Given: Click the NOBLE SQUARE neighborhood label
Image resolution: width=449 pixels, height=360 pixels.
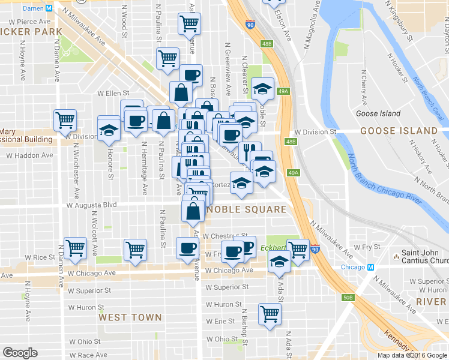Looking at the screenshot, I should point(246,209).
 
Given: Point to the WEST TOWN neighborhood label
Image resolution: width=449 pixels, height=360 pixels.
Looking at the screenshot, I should point(130,317).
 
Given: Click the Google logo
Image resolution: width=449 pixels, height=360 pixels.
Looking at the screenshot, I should point(20,353).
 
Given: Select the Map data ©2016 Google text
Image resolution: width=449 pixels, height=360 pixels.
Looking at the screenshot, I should point(412,355).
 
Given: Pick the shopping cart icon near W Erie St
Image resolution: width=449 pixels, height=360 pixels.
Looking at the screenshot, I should point(270,313).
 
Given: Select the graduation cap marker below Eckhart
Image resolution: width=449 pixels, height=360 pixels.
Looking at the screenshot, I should point(279,262).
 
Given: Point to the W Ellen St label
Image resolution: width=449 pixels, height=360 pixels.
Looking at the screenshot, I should point(113,93).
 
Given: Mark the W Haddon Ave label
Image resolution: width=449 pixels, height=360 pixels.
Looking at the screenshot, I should point(29,155).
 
